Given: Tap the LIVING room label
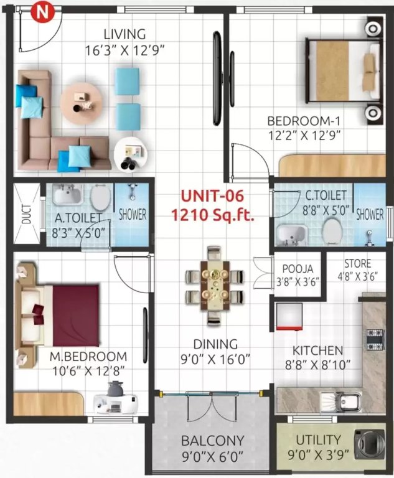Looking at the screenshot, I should tap(125, 34).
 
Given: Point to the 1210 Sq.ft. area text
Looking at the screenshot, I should tap(212, 215).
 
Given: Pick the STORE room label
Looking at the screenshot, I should tap(357, 263).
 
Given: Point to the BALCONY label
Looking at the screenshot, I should tap(212, 441).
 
